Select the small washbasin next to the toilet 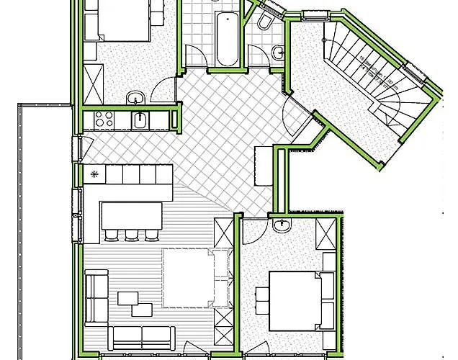coord(278,52)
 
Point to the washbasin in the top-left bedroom coord(135,98)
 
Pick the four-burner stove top coord(102,120)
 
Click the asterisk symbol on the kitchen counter coord(93,174)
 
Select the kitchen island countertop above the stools coord(132,214)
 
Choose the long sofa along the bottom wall coord(144,337)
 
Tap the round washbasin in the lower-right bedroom coord(282,228)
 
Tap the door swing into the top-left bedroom coord(165,91)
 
